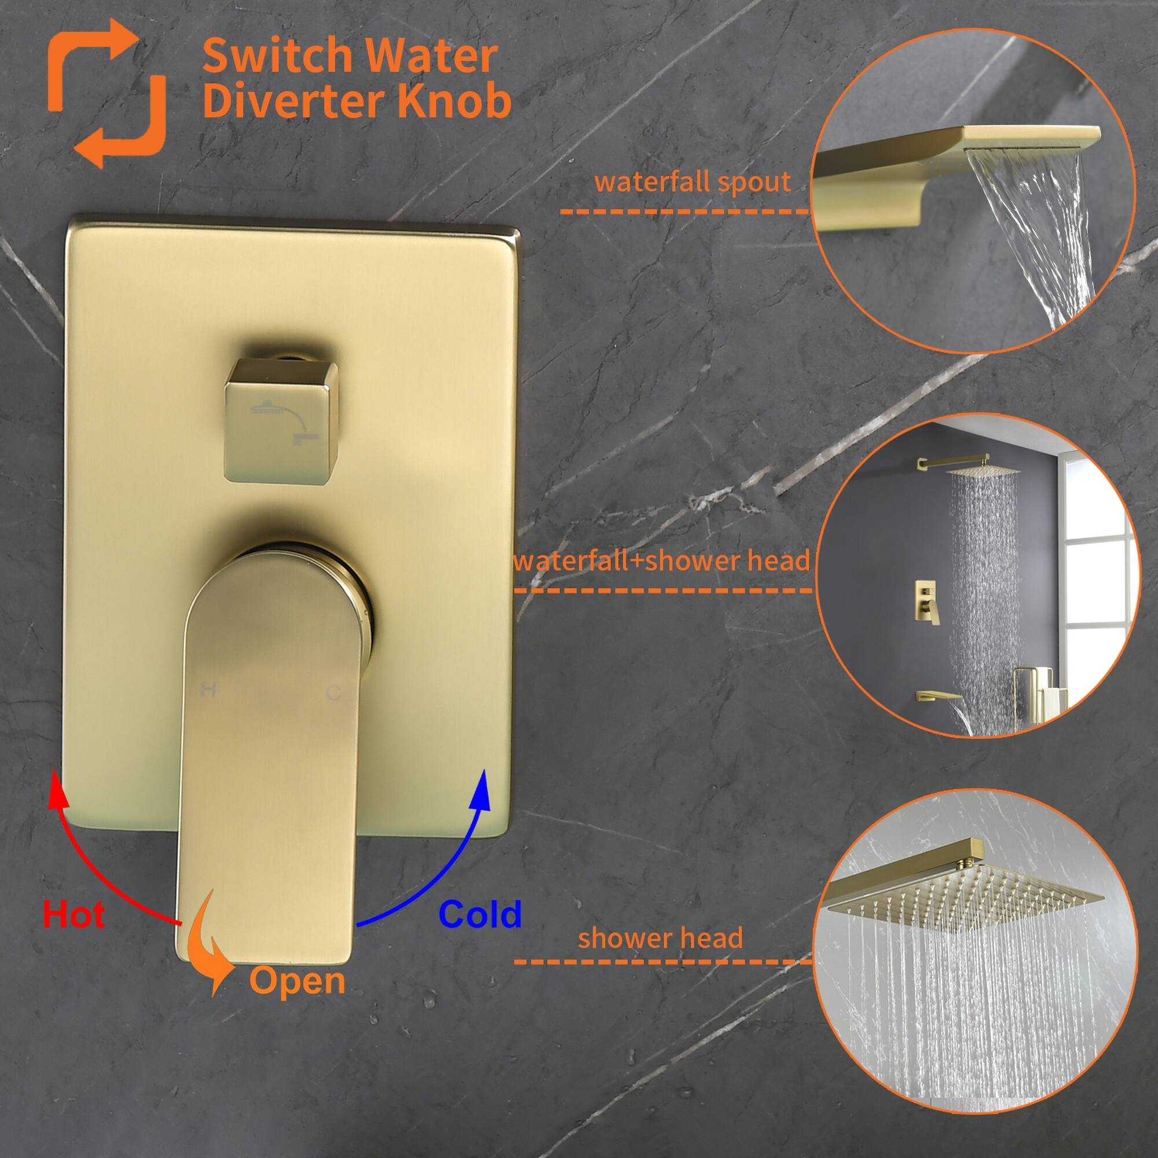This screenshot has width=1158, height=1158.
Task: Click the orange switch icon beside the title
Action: (107, 93)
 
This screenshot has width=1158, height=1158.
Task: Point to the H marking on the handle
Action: (207, 691)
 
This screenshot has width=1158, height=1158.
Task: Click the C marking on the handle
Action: (334, 694)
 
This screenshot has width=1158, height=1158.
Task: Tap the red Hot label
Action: (74, 915)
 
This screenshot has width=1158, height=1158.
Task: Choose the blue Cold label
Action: (480, 915)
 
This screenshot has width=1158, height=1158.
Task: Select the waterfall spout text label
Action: (692, 182)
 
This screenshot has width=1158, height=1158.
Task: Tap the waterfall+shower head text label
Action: (661, 560)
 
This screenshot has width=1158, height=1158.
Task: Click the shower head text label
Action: (660, 937)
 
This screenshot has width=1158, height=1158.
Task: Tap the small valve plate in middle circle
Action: (926, 600)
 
